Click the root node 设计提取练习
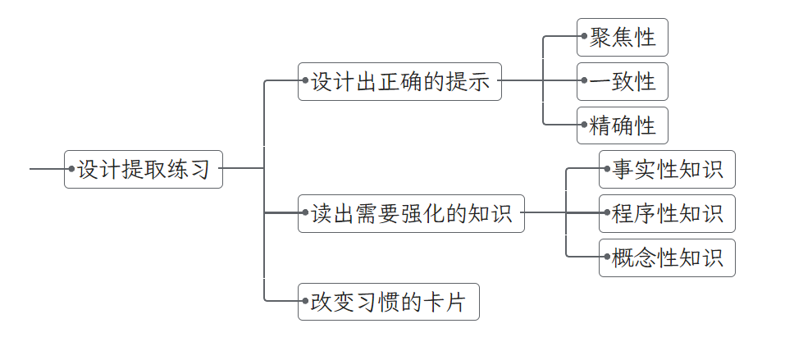pos(144,170)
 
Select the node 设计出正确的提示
pos(399,82)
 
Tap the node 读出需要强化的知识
pos(411,213)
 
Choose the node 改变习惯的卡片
pos(388,302)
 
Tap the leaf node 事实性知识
pos(667,170)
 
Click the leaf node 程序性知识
pos(667,214)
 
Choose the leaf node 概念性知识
pos(667,258)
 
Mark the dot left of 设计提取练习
pos(72,169)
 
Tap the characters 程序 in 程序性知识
pos(635,214)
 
